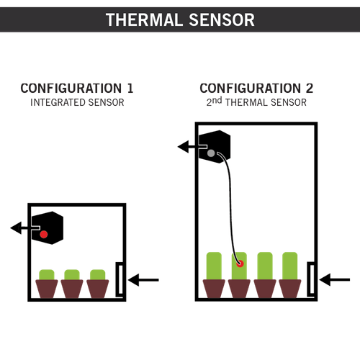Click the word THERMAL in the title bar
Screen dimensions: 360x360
coord(144,19)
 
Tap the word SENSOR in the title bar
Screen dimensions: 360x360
coord(222,19)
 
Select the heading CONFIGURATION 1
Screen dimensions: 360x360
coord(77,88)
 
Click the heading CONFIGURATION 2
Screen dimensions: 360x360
coord(256,88)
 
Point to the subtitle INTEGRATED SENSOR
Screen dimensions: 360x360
coord(77,102)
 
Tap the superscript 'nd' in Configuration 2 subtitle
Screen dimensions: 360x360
coord(217,100)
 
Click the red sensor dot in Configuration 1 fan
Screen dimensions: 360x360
coord(44,234)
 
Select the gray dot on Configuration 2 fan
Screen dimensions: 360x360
coord(211,153)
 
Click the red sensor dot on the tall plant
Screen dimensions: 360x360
coord(240,264)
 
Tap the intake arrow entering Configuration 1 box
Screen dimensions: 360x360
coord(143,280)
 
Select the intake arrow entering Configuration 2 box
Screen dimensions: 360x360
coord(335,279)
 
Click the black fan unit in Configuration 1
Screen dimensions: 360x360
coord(48,228)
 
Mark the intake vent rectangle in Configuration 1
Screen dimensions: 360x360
coord(120,279)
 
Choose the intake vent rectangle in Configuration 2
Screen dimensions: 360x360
coord(311,279)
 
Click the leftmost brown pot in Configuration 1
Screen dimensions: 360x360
coord(47,289)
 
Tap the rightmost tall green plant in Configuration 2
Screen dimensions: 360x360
coord(290,266)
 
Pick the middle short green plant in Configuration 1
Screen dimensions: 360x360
coord(72,274)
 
